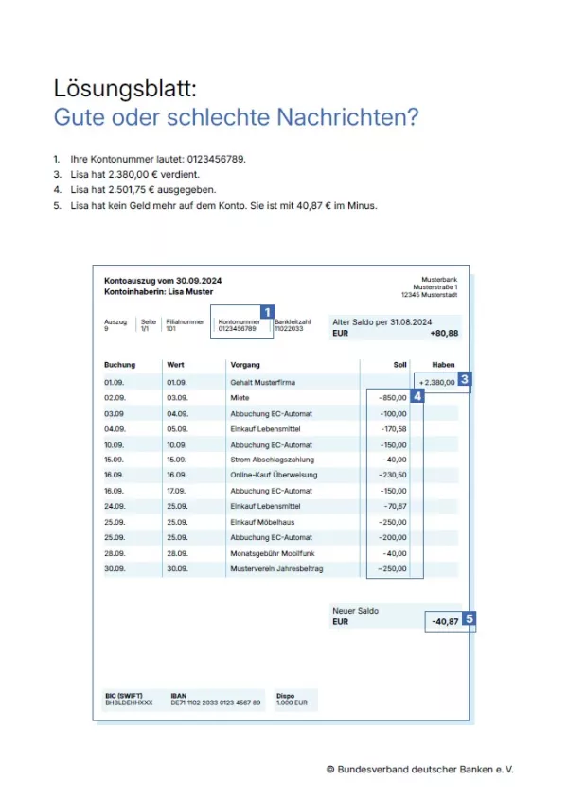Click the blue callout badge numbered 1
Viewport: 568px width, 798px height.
pyautogui.click(x=267, y=311)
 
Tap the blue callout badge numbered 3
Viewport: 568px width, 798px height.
pyautogui.click(x=464, y=380)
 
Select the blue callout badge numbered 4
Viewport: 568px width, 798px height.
pyautogui.click(x=417, y=397)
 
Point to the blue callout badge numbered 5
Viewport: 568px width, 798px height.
pyautogui.click(x=469, y=620)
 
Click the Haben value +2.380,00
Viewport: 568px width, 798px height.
pyautogui.click(x=435, y=382)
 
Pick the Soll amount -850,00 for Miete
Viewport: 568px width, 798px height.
pyautogui.click(x=392, y=398)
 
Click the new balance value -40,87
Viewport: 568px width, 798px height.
pyautogui.click(x=445, y=622)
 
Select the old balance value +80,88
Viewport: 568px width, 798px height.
pyautogui.click(x=443, y=334)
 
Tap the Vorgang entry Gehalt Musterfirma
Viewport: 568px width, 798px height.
pyautogui.click(x=263, y=382)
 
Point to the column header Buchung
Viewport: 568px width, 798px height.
pyautogui.click(x=119, y=364)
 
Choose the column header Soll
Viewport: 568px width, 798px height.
pyautogui.click(x=399, y=364)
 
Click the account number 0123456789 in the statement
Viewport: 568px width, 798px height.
pyautogui.click(x=237, y=329)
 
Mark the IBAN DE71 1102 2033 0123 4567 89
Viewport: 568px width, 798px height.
pyautogui.click(x=216, y=703)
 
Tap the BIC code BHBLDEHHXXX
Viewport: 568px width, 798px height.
pyautogui.click(x=127, y=703)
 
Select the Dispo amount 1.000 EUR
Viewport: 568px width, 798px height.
pyautogui.click(x=292, y=703)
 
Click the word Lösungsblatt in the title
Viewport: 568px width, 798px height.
pyautogui.click(x=125, y=90)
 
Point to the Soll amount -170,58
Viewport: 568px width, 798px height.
pyautogui.click(x=392, y=429)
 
